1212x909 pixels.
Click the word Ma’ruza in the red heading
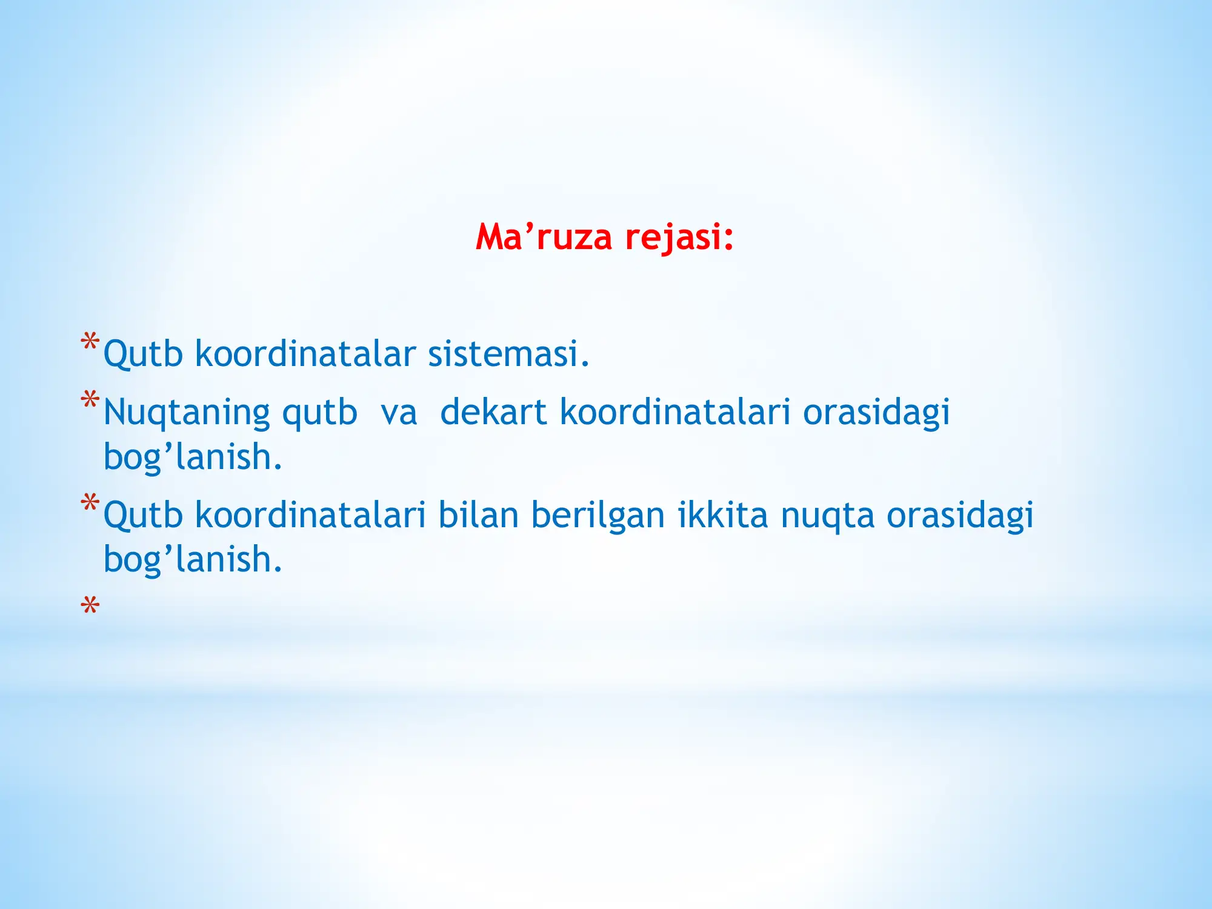tap(543, 237)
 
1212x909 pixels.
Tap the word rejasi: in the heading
tap(679, 237)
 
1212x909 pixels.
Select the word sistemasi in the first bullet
tap(508, 354)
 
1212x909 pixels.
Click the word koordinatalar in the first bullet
tap(305, 354)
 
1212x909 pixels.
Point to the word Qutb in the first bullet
tap(143, 354)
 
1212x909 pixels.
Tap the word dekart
tap(493, 412)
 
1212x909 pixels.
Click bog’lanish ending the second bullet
tap(192, 458)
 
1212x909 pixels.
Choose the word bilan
tap(478, 515)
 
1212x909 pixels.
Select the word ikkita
tap(722, 515)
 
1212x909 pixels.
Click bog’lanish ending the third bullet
tap(192, 559)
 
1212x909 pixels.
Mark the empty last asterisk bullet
tap(90, 605)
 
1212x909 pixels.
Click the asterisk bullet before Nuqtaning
tap(90, 400)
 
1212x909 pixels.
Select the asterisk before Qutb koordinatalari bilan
tap(90, 502)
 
